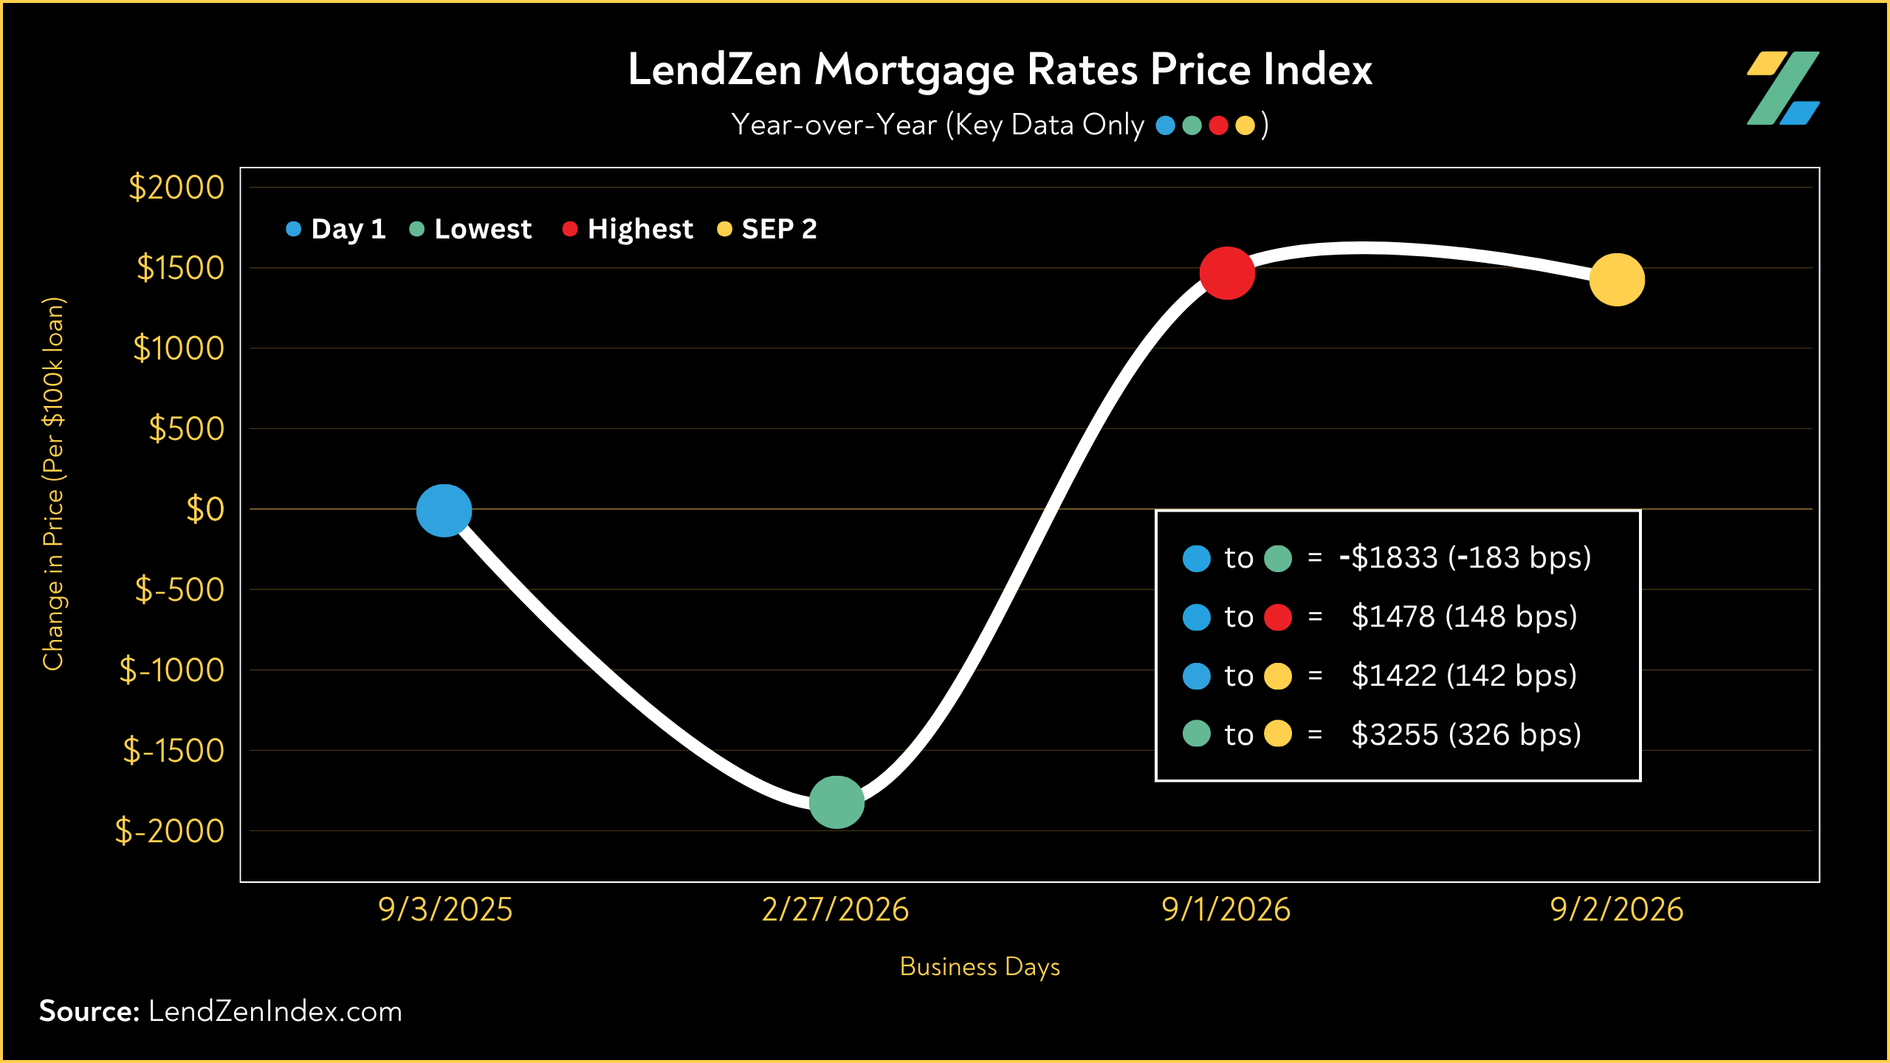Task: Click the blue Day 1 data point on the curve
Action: [444, 510]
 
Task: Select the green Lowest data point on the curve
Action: [836, 802]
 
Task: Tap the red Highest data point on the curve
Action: [1227, 273]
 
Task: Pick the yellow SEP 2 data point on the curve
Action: [1617, 280]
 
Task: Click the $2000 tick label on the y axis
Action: [176, 188]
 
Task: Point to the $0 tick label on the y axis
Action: [205, 509]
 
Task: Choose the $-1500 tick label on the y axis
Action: [173, 751]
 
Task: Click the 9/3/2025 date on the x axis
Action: [445, 909]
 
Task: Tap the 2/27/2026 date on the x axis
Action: [835, 909]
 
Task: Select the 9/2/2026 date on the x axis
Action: [1617, 909]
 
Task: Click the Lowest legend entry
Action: [470, 229]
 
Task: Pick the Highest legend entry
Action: [628, 229]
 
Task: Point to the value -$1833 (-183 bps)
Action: [1465, 557]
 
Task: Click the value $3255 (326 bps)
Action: [1466, 735]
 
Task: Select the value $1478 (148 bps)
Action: [1464, 616]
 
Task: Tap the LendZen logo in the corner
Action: [1783, 88]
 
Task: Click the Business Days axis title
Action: [980, 967]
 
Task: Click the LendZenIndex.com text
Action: [275, 1011]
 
